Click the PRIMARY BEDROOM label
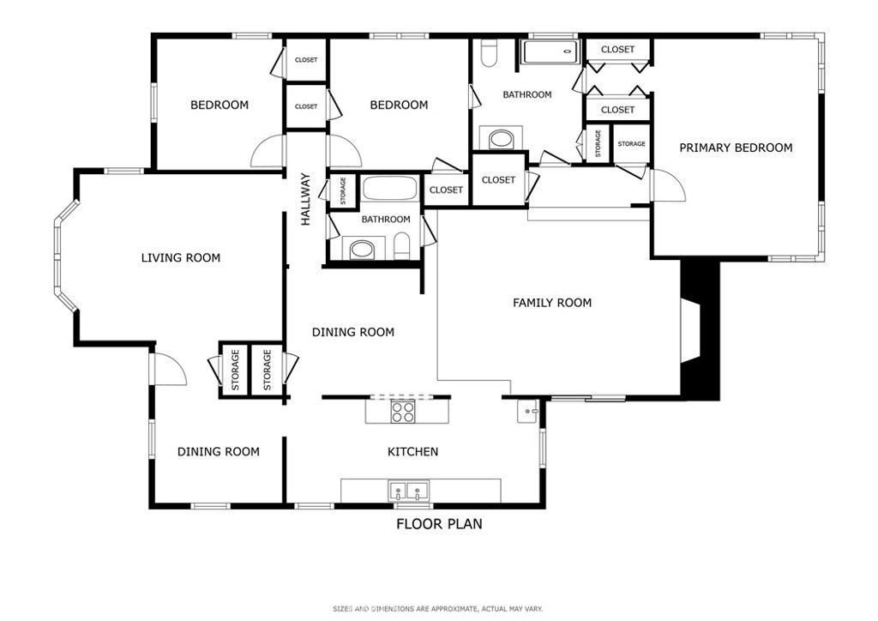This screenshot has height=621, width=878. pos(736,148)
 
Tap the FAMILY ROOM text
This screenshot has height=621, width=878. pos(552,303)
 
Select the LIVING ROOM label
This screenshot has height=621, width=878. pos(180,257)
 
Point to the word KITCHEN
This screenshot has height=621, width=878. pos(412,451)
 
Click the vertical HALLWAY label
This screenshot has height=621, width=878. pos(305,200)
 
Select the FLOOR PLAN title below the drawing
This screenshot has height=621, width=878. pos(438,524)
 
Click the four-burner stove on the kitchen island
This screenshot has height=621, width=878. pos(403,411)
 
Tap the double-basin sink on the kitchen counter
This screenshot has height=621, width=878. pos(409,491)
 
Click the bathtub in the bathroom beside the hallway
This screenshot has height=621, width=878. pos(389,188)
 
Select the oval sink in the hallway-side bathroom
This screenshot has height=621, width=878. pos(360,250)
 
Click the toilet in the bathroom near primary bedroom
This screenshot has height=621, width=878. pos(489,55)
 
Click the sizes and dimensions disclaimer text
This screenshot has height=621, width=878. pos(438,609)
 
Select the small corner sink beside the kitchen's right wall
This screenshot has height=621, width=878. pos(526,411)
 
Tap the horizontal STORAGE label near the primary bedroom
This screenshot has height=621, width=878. pos(631,143)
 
